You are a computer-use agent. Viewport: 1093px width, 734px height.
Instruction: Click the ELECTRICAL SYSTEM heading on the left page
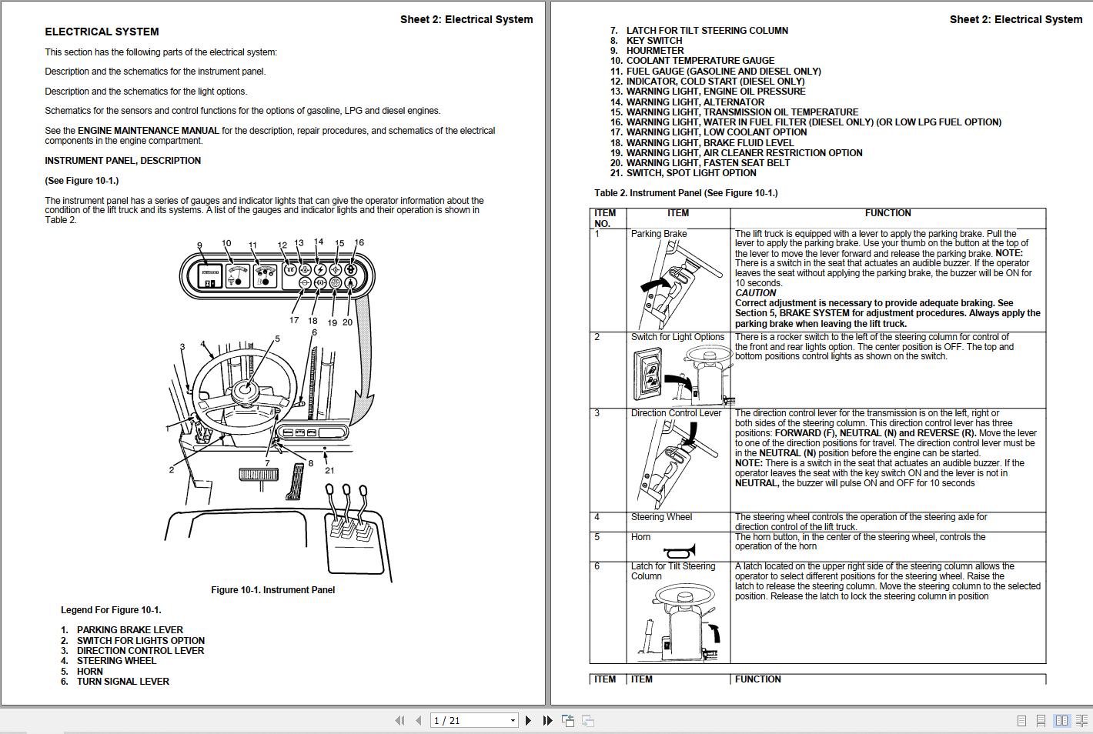point(102,32)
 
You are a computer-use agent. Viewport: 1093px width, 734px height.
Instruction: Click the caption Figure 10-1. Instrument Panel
point(272,590)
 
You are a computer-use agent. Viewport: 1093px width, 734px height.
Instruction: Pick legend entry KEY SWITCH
point(653,41)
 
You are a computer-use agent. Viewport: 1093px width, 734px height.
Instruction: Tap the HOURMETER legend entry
point(654,51)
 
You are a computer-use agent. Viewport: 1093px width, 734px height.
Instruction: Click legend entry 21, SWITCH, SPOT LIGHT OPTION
point(690,173)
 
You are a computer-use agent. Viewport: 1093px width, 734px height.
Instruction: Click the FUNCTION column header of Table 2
point(887,213)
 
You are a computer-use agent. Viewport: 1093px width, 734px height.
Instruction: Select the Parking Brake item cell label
point(659,234)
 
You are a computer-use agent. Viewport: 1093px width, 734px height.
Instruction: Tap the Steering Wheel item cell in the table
point(661,517)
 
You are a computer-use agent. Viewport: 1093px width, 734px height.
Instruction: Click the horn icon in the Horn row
point(679,551)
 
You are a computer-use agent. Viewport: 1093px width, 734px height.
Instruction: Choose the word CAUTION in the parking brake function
point(755,293)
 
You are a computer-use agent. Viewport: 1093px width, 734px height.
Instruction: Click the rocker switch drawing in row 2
point(648,374)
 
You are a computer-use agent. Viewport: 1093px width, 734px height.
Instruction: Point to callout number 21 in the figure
point(329,470)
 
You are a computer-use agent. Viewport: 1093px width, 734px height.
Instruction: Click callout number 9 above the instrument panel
point(199,246)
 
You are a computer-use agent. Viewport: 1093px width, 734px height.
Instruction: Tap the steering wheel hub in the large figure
point(245,390)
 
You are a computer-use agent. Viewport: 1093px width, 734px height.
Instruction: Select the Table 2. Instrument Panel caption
point(686,193)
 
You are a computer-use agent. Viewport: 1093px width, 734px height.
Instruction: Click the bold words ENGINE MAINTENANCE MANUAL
point(149,131)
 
